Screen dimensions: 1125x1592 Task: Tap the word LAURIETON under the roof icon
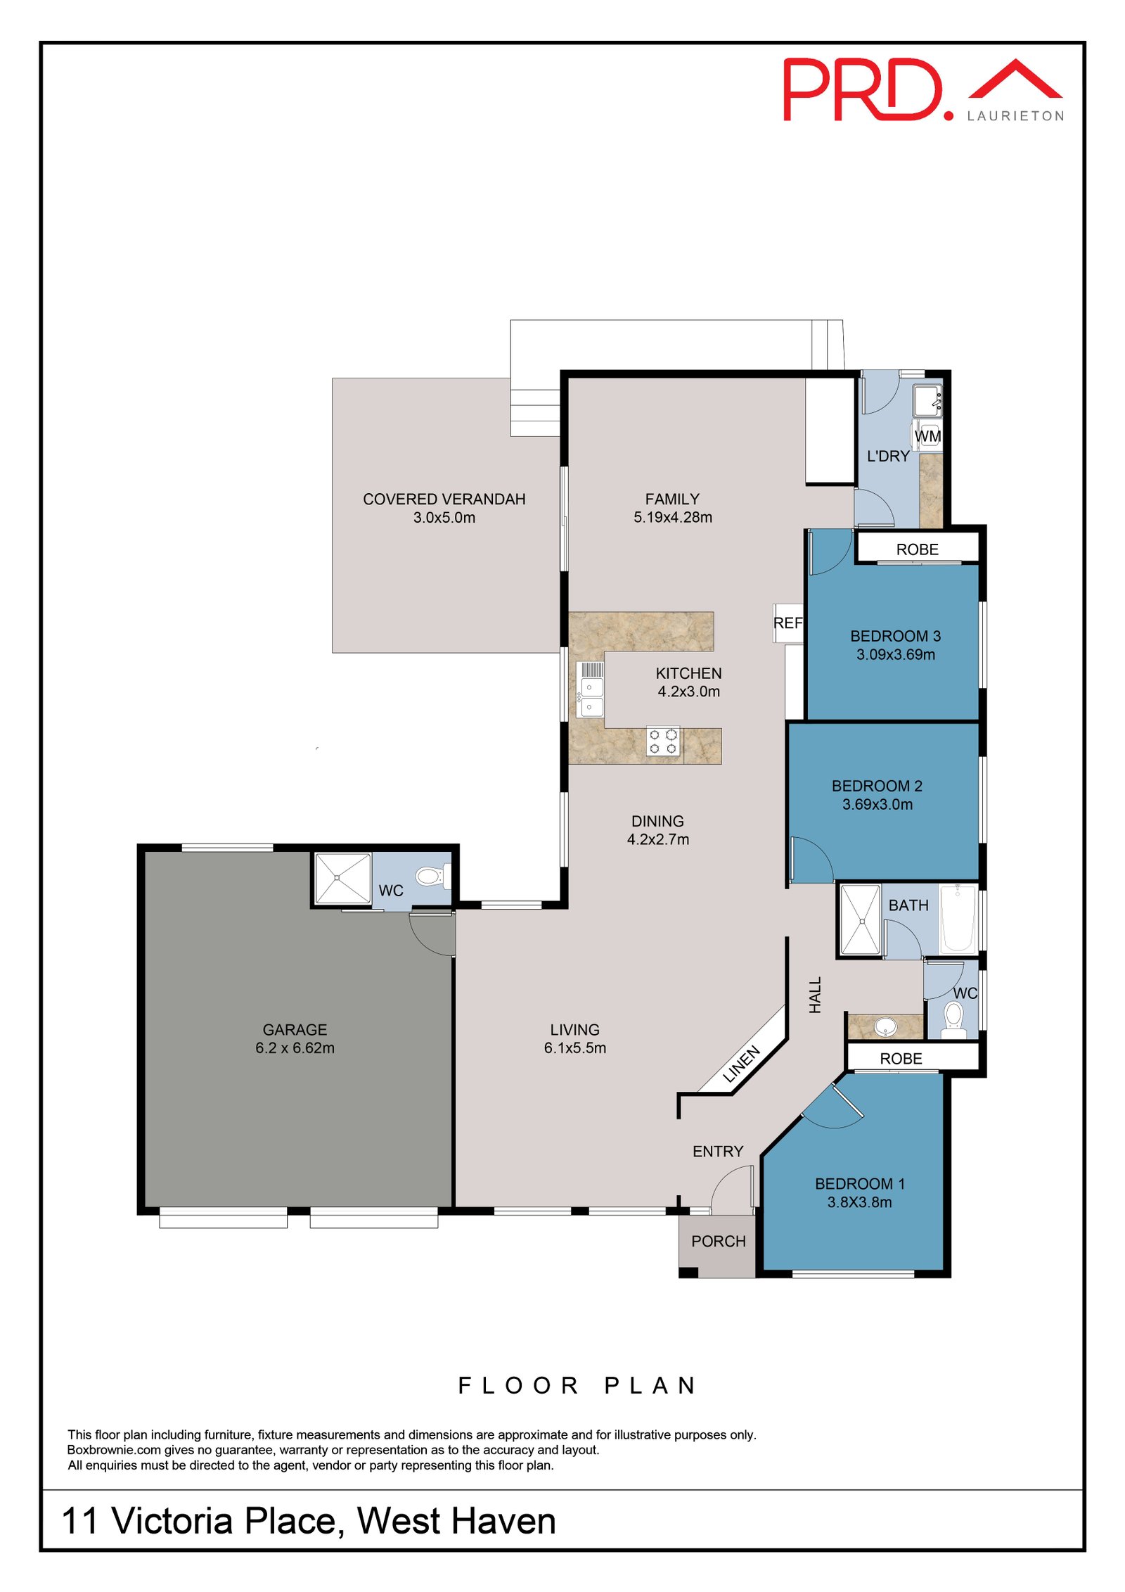[x=1015, y=116]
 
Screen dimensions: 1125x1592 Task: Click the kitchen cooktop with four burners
[x=662, y=741]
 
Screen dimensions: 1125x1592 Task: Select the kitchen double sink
[x=591, y=689]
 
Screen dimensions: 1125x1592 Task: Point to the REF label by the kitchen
[x=787, y=623]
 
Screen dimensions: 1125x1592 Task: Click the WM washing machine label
[x=927, y=436]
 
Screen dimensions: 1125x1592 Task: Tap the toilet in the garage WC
[x=430, y=877]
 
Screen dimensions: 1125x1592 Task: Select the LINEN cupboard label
[x=741, y=1064]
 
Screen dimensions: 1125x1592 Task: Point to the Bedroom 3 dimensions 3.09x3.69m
[x=895, y=654]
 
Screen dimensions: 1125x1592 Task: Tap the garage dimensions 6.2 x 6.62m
[x=295, y=1047]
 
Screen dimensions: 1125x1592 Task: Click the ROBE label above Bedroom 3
[x=917, y=549]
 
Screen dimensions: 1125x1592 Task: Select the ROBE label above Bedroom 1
[x=901, y=1059]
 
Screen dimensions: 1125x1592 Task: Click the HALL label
[x=815, y=995]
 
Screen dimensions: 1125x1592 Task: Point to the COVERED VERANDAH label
[x=444, y=499]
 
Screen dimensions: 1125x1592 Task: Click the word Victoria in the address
[x=173, y=1521]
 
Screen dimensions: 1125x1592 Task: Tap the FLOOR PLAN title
[x=577, y=1385]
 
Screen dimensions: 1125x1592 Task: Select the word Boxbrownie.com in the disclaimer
[x=114, y=1450]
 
